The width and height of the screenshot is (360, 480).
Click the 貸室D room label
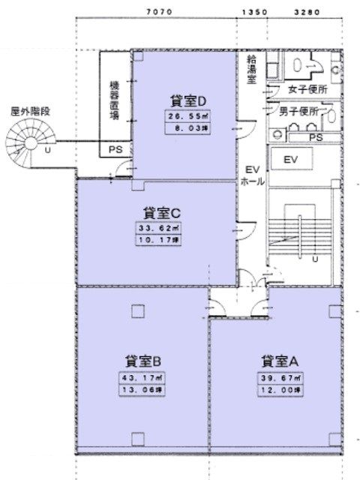183,100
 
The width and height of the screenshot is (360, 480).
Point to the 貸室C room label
157,211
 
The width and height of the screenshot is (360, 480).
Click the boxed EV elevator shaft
291,160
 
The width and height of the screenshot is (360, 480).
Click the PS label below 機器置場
115,150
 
